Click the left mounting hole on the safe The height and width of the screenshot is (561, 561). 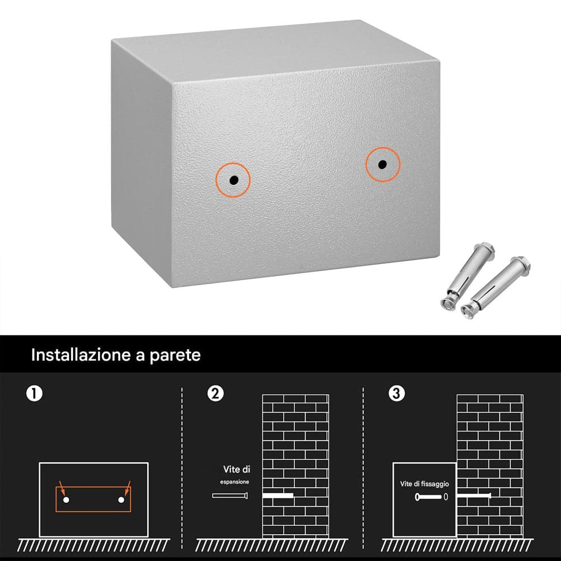[x=234, y=179]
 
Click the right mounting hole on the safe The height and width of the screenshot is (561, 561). [x=382, y=165]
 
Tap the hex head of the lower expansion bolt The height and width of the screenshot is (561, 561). [x=521, y=263]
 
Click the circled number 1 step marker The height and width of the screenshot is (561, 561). [x=34, y=393]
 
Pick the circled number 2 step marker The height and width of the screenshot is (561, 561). [x=215, y=393]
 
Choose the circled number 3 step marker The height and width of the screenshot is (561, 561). [x=396, y=393]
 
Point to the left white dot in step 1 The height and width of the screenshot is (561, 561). [x=66, y=500]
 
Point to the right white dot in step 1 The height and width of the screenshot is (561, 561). [x=121, y=500]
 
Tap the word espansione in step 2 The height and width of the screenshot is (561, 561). [x=234, y=482]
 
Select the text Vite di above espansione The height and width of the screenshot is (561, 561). [x=237, y=469]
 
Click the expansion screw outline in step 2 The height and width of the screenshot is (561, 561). [x=230, y=495]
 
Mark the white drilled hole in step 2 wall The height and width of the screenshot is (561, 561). [x=278, y=495]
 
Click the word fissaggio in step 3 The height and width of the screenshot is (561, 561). [x=435, y=484]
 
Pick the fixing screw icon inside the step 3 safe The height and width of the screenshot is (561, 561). [x=428, y=497]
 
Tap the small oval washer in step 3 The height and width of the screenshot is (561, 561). [x=446, y=497]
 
